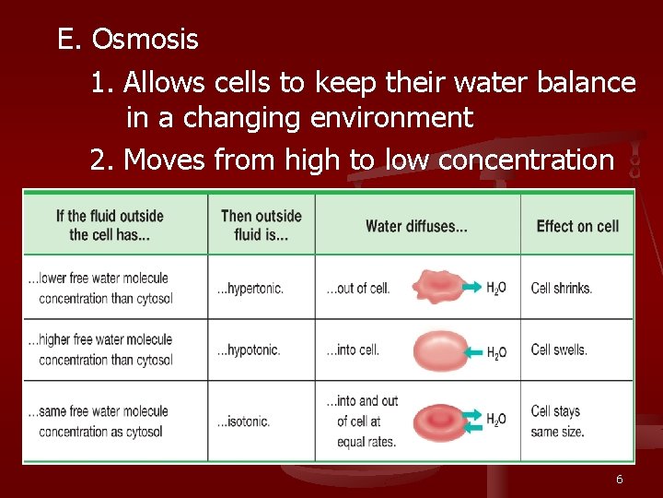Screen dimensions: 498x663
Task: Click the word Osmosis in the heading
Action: point(145,40)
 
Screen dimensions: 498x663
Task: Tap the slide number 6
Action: point(620,480)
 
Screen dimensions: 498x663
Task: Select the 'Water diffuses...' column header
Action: point(417,226)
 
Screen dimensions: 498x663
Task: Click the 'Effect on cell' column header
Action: point(577,226)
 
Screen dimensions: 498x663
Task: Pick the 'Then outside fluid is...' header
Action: point(262,225)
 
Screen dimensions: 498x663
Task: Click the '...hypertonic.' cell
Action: point(250,288)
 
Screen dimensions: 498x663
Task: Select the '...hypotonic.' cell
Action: point(249,350)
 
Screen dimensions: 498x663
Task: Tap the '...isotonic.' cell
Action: point(243,421)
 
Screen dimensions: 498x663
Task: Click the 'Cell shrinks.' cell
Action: point(562,288)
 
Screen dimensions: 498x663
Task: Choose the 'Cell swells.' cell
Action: point(559,350)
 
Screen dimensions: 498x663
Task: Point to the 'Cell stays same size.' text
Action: point(557,421)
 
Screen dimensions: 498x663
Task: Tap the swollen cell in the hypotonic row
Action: point(440,350)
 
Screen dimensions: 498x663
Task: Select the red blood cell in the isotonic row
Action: point(440,421)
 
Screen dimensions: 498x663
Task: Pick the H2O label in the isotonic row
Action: point(496,420)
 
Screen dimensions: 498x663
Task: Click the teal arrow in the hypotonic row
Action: point(472,352)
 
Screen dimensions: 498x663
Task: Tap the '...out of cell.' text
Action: point(358,288)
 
